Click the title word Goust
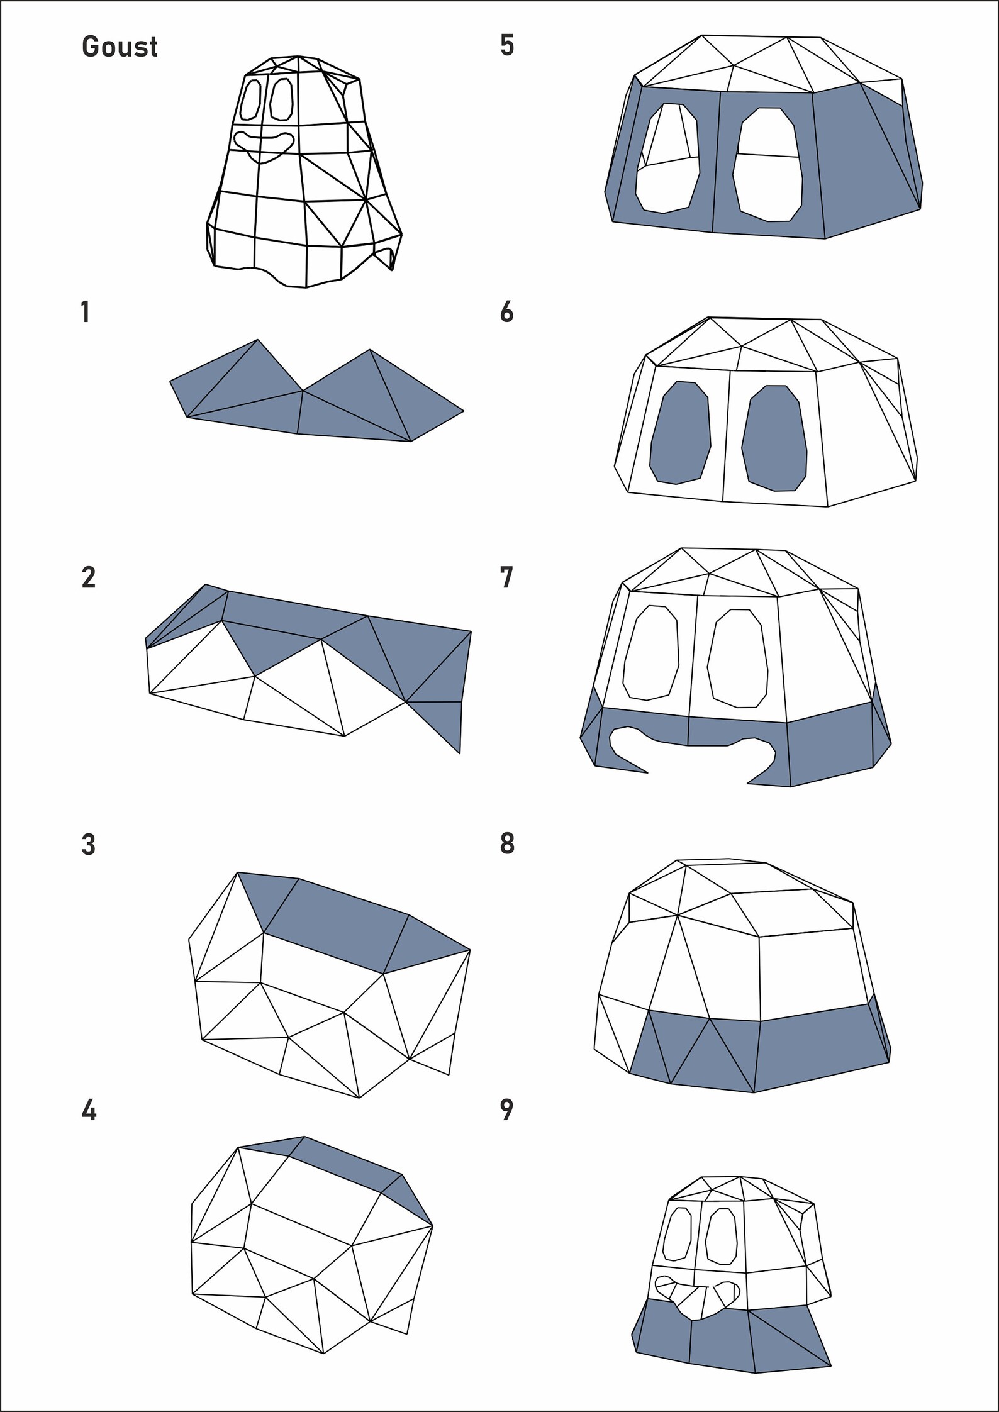pyautogui.click(x=120, y=47)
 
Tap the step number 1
pyautogui.click(x=86, y=313)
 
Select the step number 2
pyautogui.click(x=89, y=578)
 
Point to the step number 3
pyautogui.click(x=89, y=845)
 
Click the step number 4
pyautogui.click(x=89, y=1111)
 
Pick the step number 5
pyautogui.click(x=507, y=46)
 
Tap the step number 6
pyautogui.click(x=507, y=313)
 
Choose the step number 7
pyautogui.click(x=507, y=578)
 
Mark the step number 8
pyautogui.click(x=507, y=844)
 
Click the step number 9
pyautogui.click(x=507, y=1111)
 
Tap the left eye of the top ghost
pyautogui.click(x=252, y=100)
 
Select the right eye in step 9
pyautogui.click(x=722, y=1237)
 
